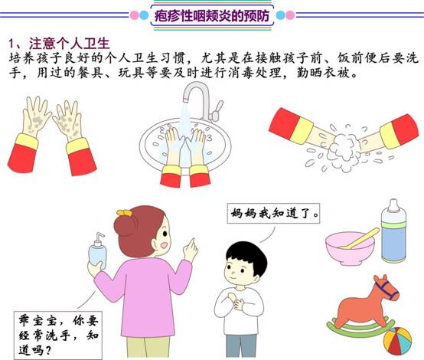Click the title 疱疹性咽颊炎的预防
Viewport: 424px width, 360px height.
coord(212,15)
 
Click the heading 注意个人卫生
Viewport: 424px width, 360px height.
coord(69,44)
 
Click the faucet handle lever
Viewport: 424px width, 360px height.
coord(218,110)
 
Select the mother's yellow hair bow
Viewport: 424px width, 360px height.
coord(125,213)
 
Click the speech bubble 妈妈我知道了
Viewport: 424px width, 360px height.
coord(273,214)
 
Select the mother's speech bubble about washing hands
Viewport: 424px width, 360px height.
coord(58,335)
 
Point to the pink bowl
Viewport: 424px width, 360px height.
coord(350,248)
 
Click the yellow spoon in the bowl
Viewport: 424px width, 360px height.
coord(360,238)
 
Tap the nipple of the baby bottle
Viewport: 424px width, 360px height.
coord(393,205)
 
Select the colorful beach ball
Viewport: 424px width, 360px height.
coord(397,341)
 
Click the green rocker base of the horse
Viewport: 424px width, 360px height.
coord(360,328)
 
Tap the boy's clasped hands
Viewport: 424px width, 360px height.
coord(236,300)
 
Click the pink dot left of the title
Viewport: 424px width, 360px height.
coord(135,15)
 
